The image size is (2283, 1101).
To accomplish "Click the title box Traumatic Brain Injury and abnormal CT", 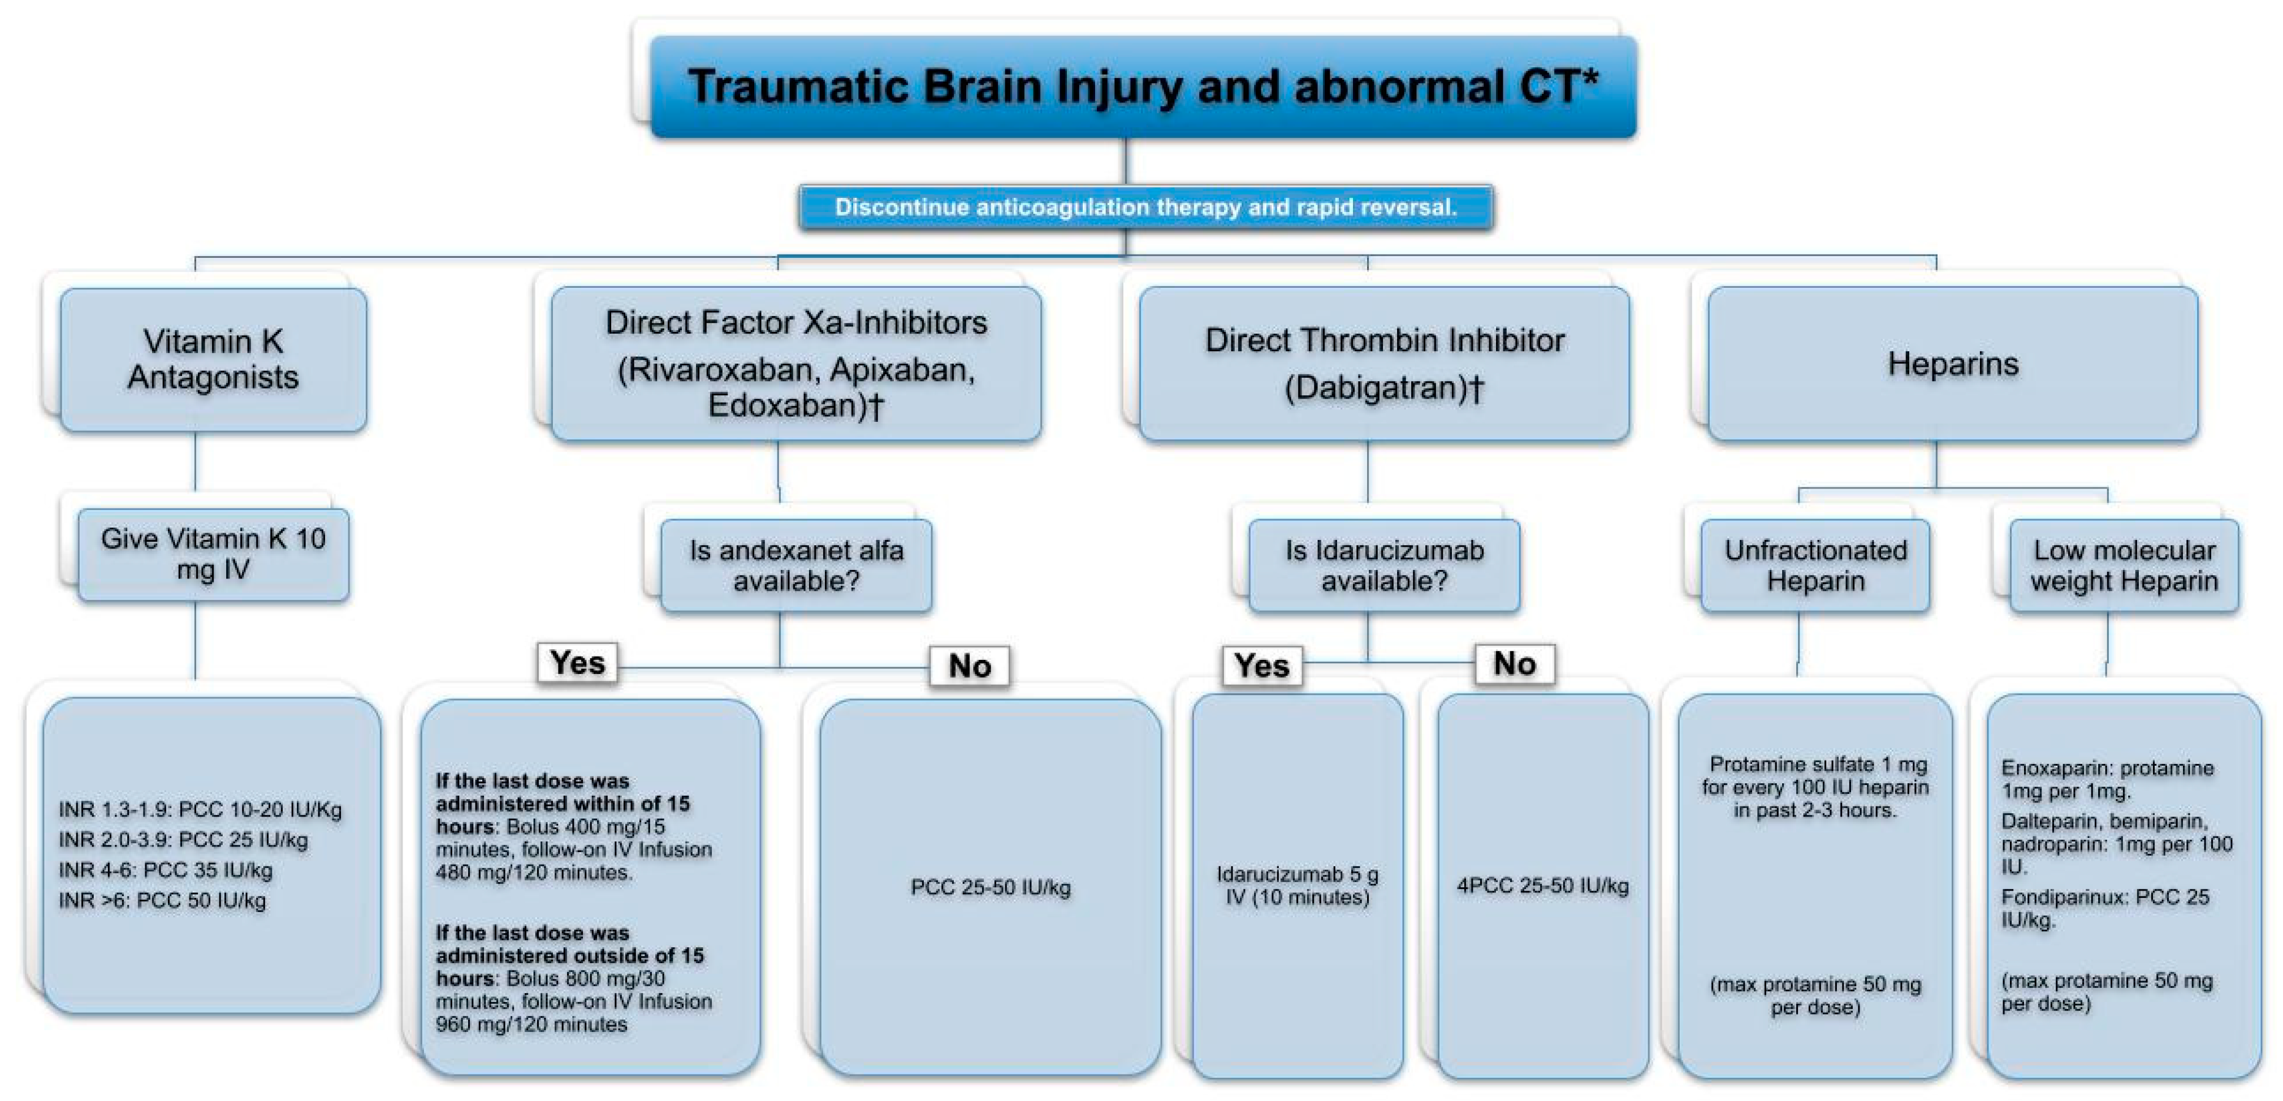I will click(x=1143, y=87).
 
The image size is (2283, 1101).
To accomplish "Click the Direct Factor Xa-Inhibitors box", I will click(x=796, y=364).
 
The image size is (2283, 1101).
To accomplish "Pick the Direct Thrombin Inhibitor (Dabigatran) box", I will click(x=1385, y=364).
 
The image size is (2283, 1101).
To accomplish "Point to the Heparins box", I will click(x=1952, y=364).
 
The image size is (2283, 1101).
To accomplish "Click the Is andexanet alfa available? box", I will click(x=796, y=565).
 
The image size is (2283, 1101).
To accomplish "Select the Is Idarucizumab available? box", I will click(x=1385, y=565).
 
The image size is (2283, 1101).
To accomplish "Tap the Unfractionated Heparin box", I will click(x=1815, y=565).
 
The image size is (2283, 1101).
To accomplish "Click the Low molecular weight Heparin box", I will click(x=2124, y=565).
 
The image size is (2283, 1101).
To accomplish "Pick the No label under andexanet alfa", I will click(x=970, y=666).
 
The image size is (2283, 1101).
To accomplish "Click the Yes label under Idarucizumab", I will click(x=1262, y=666).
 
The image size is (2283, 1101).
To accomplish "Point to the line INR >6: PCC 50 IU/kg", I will click(x=162, y=901).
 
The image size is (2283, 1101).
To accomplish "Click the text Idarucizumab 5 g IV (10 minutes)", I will click(x=1298, y=886).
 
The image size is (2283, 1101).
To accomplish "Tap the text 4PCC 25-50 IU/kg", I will click(x=1543, y=886).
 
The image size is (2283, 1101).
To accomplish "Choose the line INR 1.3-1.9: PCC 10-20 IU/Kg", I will click(x=200, y=809).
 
